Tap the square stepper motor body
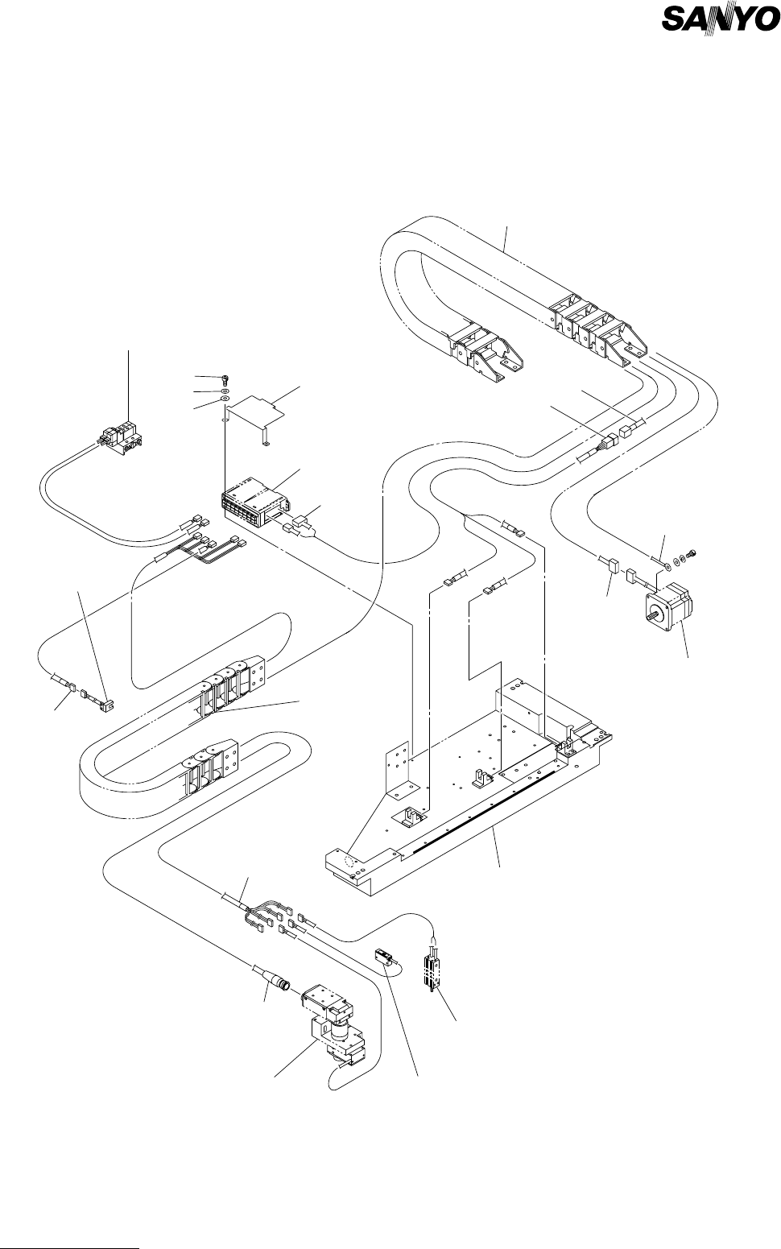click(x=673, y=616)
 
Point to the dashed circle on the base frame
click(x=347, y=860)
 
